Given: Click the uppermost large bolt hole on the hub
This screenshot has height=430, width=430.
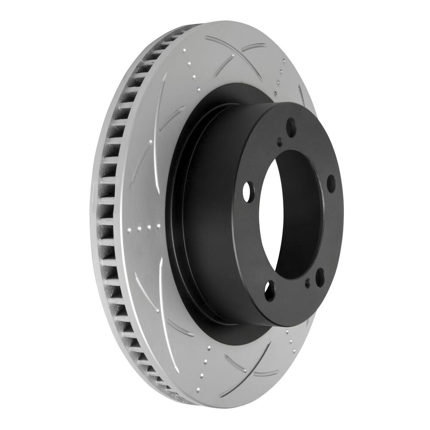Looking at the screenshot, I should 291,127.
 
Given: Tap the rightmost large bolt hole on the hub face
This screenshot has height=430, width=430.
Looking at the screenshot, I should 331,183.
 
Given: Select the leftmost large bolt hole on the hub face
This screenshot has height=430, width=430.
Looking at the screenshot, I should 247,193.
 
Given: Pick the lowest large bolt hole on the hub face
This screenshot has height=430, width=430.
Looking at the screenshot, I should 270,291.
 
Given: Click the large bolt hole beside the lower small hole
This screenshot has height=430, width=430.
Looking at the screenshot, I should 320,277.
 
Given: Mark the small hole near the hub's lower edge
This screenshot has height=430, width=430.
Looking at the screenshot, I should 307,283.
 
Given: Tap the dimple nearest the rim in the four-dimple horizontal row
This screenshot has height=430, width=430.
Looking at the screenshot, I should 138,229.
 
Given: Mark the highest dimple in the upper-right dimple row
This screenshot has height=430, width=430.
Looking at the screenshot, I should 284,61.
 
